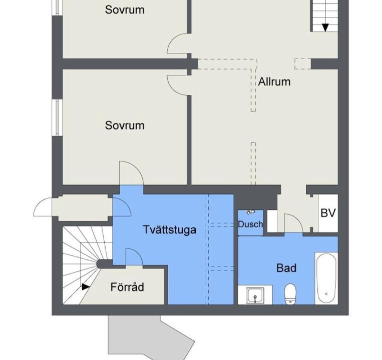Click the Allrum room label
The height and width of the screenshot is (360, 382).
pos(274,81)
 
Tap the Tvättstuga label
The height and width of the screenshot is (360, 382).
pos(170,229)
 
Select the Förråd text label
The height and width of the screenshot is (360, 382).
pos(127,287)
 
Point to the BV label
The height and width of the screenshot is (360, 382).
pos(328,213)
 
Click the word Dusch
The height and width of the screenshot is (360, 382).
pos(250,224)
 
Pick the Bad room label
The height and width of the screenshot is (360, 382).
pos(286,268)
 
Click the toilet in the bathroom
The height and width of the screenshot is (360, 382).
pos(290,294)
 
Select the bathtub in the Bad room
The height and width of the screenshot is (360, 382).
pos(326,278)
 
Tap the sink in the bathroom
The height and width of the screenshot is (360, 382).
pos(255,295)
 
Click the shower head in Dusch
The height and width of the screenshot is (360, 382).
pos(250,211)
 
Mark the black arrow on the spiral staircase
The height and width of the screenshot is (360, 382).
pos(86,287)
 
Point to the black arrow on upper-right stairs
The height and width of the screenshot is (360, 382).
pos(325,27)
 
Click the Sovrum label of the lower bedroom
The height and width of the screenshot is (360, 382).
pos(125,125)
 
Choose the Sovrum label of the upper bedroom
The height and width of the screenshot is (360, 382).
pos(125,10)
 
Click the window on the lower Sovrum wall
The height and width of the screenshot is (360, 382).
pos(58,117)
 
